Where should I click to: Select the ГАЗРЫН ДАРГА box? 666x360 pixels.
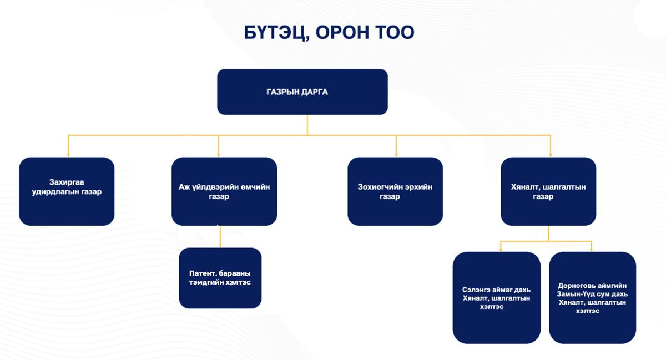coord(302,92)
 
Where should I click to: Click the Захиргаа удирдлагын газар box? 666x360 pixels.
coord(67,191)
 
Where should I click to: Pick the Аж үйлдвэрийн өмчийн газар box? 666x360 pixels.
coord(224,191)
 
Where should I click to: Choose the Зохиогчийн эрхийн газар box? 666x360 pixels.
coord(395,191)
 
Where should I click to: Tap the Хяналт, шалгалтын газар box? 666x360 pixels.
coord(548,191)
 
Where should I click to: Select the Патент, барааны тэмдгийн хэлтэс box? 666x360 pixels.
coord(220,278)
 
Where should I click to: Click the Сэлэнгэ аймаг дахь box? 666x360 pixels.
coord(497,297)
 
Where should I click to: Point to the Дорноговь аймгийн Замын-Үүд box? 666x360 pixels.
coord(593,297)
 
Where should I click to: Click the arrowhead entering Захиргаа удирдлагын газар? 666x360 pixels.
coord(68,155)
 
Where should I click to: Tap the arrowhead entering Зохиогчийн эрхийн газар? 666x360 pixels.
coord(396,155)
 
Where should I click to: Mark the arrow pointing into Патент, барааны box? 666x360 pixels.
coord(220,236)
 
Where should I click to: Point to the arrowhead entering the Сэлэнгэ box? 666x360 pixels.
coord(501,250)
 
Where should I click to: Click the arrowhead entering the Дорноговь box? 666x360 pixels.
coord(592,250)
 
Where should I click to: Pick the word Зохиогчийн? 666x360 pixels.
coord(376,187)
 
